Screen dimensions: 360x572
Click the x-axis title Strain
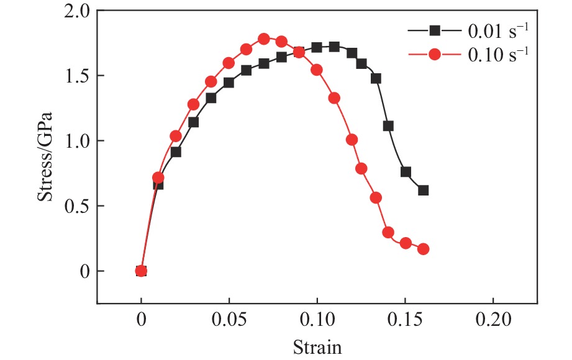click(317, 345)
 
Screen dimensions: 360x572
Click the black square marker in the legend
click(434, 30)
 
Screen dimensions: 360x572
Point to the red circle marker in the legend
click(434, 55)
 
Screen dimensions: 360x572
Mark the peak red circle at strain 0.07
click(264, 39)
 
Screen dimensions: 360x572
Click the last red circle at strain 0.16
click(423, 249)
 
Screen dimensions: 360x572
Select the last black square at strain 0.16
click(423, 191)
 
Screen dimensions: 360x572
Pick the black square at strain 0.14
click(388, 126)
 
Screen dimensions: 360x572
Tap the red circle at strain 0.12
click(352, 140)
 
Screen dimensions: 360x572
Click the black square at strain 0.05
click(229, 83)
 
